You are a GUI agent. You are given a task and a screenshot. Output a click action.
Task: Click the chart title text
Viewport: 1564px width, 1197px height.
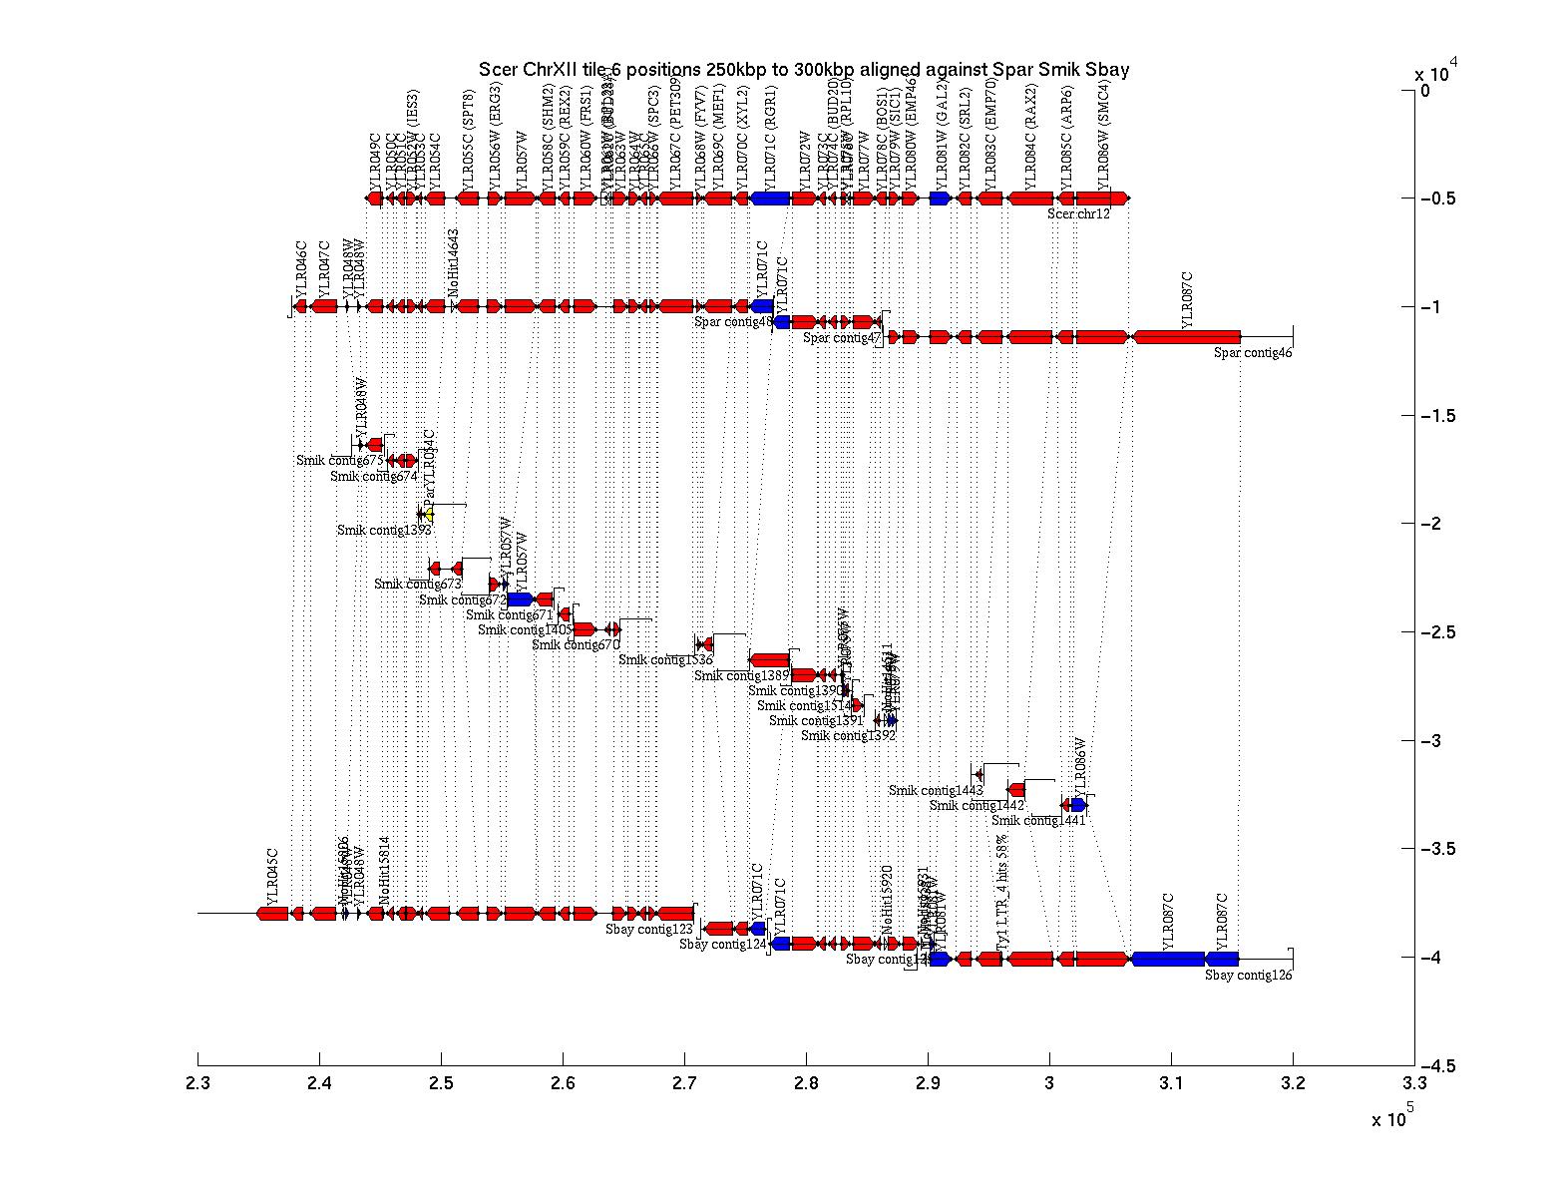point(803,69)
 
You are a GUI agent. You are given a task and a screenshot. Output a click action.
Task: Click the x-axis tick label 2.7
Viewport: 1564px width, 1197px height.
point(684,1085)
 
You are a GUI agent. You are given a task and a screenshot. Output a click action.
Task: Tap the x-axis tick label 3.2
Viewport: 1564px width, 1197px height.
point(1293,1085)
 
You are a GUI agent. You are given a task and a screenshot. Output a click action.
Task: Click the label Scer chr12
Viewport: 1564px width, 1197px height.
point(1078,213)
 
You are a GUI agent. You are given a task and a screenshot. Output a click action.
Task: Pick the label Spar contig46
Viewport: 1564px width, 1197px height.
point(1253,352)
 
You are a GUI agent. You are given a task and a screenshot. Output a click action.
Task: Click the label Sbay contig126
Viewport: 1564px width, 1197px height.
point(1248,976)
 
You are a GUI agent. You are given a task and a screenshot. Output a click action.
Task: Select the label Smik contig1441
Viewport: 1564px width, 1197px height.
point(1038,821)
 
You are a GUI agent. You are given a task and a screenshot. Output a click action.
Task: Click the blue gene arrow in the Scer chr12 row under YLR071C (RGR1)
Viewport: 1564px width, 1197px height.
point(770,199)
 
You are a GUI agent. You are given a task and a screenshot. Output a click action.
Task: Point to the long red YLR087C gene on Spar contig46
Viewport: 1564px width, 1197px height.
point(1187,337)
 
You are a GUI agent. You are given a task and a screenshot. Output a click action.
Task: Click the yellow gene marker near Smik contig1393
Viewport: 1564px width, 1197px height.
point(429,515)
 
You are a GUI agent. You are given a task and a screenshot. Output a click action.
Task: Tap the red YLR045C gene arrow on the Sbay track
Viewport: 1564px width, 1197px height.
point(272,914)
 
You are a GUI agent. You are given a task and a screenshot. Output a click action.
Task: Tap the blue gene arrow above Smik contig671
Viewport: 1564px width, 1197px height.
point(520,599)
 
